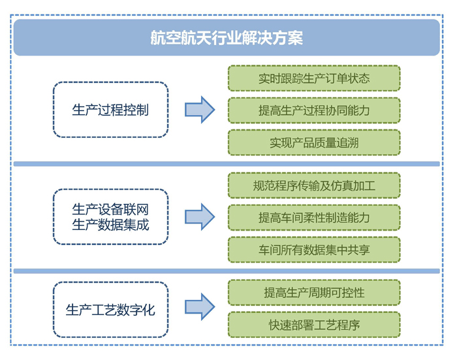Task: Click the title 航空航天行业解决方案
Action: [227, 38]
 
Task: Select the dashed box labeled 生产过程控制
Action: [110, 110]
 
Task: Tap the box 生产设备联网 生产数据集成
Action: [110, 217]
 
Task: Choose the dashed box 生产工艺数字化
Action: [110, 310]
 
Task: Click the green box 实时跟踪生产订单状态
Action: [314, 78]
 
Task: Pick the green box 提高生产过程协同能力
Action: [314, 110]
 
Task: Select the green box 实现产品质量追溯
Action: [314, 142]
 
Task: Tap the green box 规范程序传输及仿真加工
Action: [314, 186]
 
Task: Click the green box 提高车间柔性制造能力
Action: [314, 218]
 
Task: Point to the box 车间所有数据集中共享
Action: [314, 250]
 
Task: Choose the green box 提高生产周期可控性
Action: [314, 293]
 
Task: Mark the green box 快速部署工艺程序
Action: [314, 325]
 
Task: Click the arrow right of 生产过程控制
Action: [199, 110]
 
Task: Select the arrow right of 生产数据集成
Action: [199, 217]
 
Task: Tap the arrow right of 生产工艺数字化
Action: [199, 306]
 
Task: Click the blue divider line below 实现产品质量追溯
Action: [227, 164]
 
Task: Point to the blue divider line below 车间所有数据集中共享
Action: [227, 270]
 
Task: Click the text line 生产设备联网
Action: [110, 210]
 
